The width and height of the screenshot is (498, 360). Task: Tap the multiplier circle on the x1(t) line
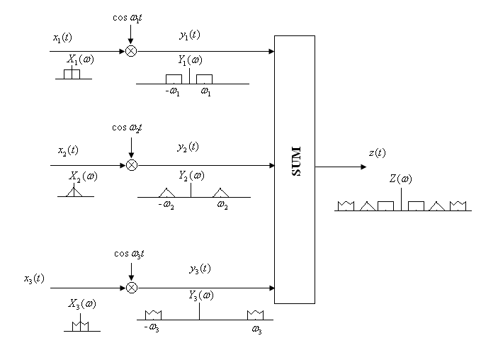[131, 51]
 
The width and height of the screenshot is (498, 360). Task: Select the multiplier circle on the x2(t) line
[131, 165]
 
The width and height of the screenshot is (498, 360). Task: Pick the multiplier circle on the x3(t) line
[131, 288]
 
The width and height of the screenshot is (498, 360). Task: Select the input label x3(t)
[34, 279]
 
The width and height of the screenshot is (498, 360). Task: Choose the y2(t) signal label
[188, 147]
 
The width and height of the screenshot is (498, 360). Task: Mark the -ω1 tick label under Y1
[172, 92]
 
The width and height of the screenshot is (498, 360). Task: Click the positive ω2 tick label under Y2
[222, 206]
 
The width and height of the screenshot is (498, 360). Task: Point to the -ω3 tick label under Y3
[151, 328]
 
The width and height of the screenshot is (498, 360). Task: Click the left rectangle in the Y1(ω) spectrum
[174, 79]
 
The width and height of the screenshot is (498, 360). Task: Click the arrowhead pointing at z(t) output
[363, 167]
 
